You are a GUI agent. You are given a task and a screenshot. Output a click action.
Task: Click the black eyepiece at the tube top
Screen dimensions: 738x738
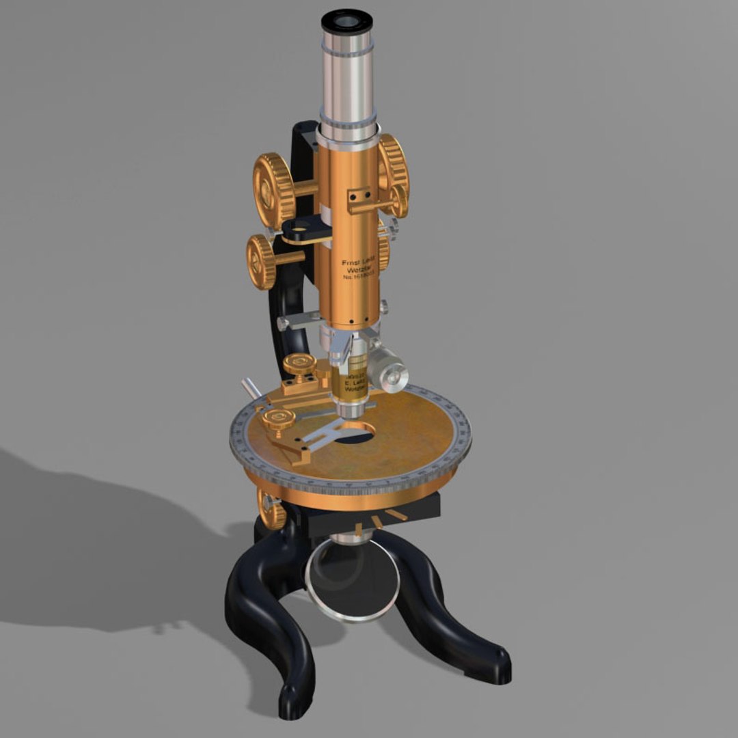[346, 21]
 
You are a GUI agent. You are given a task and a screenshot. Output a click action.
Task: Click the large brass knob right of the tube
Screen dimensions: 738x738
[394, 167]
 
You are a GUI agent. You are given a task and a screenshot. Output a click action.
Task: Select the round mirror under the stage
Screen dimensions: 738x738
[352, 581]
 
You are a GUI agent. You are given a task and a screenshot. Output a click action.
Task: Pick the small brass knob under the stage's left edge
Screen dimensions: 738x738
[272, 510]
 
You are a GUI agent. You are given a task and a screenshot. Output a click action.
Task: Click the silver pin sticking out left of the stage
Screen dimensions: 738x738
[248, 388]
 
